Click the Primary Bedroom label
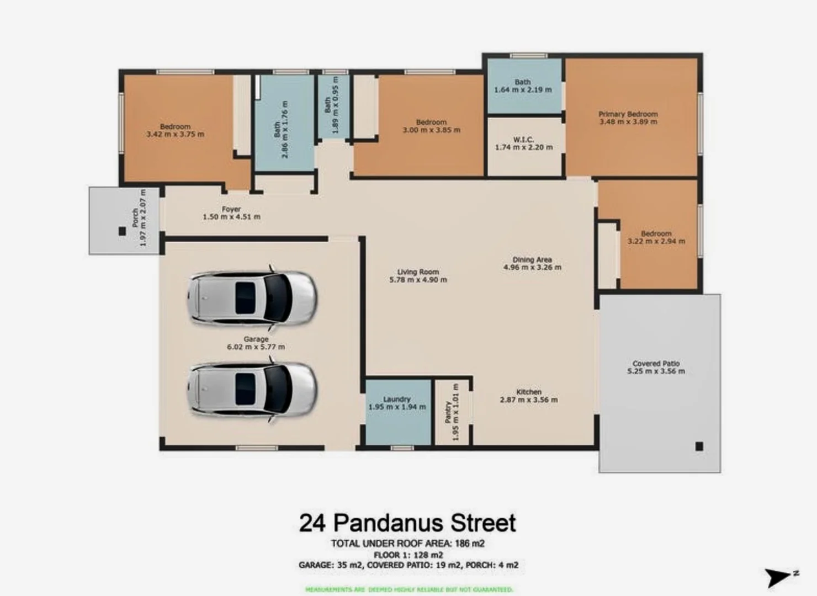(x=628, y=114)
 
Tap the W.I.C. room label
(x=523, y=140)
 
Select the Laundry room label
(x=397, y=399)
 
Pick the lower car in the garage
(x=252, y=390)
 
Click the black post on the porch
(x=122, y=232)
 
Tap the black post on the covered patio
(x=699, y=446)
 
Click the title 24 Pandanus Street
(x=407, y=523)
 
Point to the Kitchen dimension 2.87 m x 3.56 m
(x=529, y=400)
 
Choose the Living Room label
(x=418, y=272)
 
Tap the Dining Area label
(x=532, y=259)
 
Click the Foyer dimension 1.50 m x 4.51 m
(x=231, y=217)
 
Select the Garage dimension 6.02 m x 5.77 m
(x=256, y=347)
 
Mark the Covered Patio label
(x=656, y=364)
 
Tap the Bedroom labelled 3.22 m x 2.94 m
(x=656, y=237)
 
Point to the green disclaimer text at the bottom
(x=408, y=589)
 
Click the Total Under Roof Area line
(x=407, y=544)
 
